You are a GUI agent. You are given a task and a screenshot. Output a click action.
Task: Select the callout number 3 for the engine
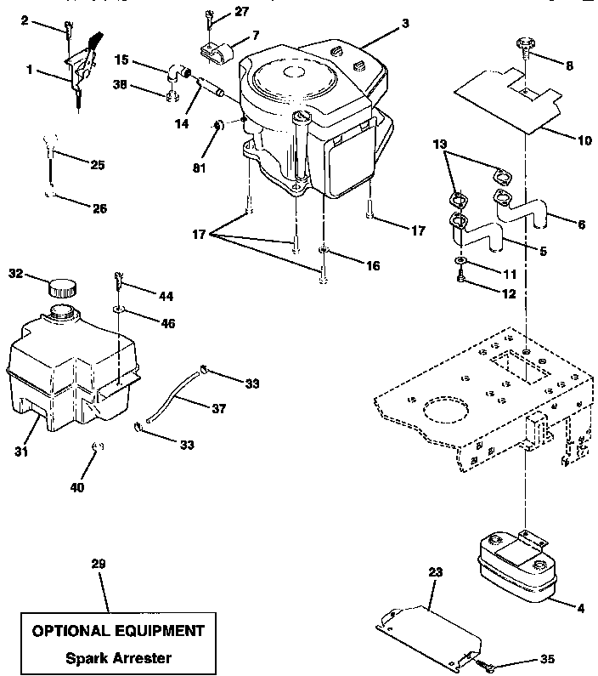405,25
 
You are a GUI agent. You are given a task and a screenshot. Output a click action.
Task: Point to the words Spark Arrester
118,657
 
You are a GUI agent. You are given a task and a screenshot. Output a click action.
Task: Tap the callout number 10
584,139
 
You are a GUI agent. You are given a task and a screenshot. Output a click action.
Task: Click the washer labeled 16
324,252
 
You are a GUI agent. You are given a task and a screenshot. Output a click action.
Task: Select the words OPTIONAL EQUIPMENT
118,631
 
